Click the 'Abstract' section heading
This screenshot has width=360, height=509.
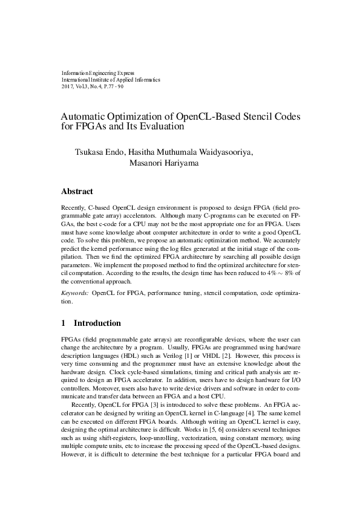pos(77,192)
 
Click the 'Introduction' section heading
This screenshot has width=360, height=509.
pos(97,323)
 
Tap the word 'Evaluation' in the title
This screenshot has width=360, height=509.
pos(158,127)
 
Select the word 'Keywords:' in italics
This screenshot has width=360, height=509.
pos(75,293)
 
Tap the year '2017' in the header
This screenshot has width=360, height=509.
pos(67,86)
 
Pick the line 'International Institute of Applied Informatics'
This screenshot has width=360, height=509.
pos(111,79)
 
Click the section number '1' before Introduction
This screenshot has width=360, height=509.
pos(64,323)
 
